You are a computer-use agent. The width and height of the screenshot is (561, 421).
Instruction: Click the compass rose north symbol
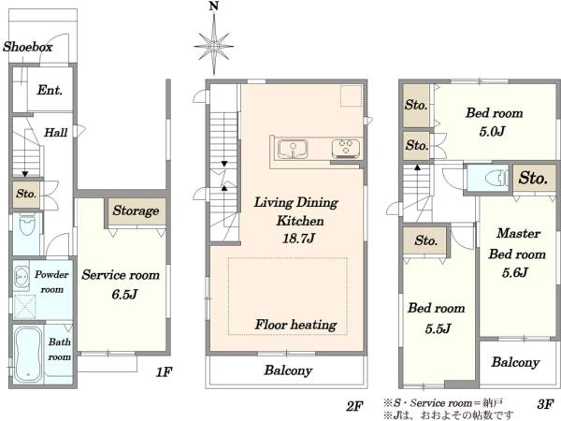[213, 43]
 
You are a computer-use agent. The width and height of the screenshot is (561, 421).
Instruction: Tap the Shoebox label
[27, 47]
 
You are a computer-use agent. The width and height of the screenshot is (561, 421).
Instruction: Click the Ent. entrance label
[50, 90]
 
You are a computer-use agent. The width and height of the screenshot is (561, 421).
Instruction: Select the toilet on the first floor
[27, 225]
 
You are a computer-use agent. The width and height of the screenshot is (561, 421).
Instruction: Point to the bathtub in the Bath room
[27, 354]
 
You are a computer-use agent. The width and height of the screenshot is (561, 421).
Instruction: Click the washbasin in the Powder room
[22, 277]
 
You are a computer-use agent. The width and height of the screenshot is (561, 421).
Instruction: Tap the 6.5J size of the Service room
[124, 295]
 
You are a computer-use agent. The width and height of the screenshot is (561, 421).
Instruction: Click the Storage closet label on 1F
[136, 210]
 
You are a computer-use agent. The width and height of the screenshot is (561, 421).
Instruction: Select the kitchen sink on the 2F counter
[293, 149]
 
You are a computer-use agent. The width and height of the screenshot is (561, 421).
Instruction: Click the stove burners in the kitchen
[346, 149]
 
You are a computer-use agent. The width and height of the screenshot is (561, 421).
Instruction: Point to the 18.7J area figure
[298, 238]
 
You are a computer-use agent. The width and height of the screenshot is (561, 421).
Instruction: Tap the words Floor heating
[295, 325]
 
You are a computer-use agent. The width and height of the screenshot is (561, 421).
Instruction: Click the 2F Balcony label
[288, 370]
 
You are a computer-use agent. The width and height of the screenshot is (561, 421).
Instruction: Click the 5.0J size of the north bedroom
[493, 131]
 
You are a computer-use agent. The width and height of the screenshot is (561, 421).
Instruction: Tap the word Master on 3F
[518, 233]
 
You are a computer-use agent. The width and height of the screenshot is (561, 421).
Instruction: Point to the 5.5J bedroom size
[438, 328]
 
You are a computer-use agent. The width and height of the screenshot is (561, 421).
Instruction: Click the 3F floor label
[545, 404]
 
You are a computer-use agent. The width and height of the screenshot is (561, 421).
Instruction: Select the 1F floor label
[165, 372]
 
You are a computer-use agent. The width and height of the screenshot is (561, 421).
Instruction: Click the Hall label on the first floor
[55, 133]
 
